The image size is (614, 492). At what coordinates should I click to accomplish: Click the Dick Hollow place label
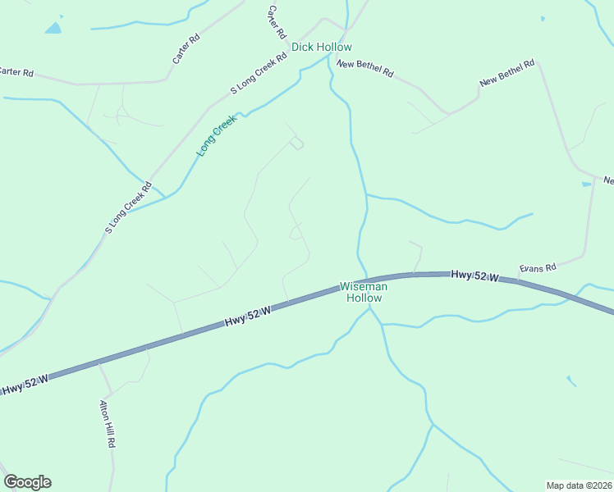(322, 48)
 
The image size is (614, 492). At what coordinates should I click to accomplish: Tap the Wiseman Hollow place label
(363, 293)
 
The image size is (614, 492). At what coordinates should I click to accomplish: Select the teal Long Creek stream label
(216, 135)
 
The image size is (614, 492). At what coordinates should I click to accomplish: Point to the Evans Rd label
(538, 267)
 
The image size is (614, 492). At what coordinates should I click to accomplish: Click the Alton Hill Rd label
(108, 423)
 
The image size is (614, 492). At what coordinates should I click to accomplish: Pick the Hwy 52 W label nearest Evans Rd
(474, 276)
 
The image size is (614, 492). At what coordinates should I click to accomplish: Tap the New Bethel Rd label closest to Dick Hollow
(364, 68)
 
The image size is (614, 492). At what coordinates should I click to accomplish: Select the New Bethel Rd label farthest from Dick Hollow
(507, 72)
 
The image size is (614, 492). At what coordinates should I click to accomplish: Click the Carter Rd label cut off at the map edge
(16, 72)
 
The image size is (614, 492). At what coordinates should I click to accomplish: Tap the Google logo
(27, 482)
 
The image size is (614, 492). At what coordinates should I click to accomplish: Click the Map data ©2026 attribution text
(579, 485)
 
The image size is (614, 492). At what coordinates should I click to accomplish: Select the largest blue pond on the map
(53, 29)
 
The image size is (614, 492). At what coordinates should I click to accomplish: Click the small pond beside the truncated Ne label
(586, 184)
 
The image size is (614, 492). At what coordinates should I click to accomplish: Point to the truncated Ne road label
(608, 180)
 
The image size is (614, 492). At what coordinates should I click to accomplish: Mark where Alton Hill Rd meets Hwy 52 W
(99, 362)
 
